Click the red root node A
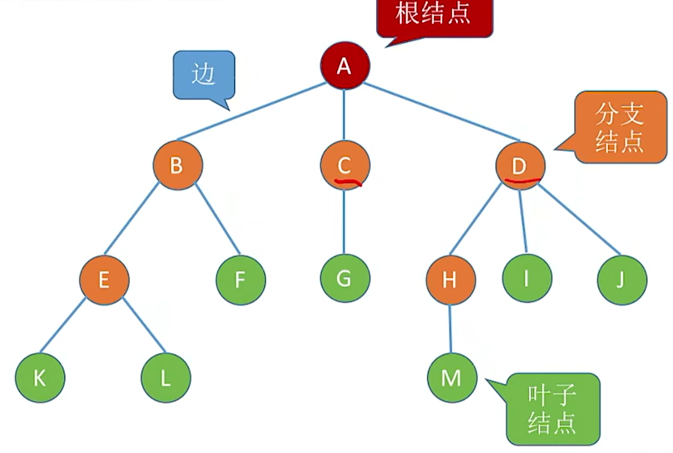(x=344, y=66)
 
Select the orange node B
(x=178, y=165)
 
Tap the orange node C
(x=344, y=165)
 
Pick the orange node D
(x=520, y=165)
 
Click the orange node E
(x=104, y=280)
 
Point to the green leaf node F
(x=241, y=280)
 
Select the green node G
(x=344, y=278)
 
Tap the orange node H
(x=450, y=280)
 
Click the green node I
(x=526, y=278)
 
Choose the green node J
(x=622, y=280)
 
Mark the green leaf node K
(x=40, y=378)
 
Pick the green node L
(x=165, y=378)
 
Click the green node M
(x=451, y=378)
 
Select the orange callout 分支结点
(x=620, y=128)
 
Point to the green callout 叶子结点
(x=553, y=409)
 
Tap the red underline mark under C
(x=347, y=182)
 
